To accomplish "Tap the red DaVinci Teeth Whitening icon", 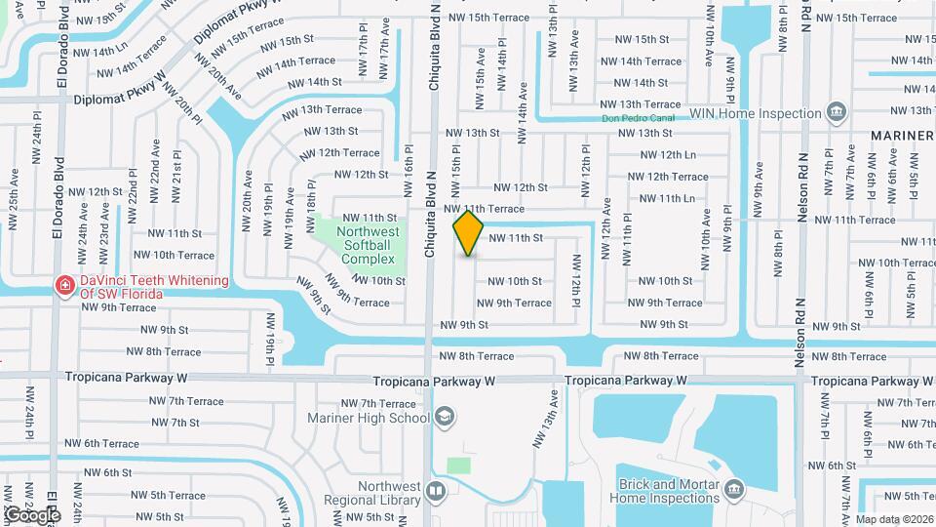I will pos(64,286).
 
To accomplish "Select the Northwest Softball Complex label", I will pos(368,245).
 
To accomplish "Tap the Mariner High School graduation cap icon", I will pos(445,419).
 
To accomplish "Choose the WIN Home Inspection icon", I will pos(836,113).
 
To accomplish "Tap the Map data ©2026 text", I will pos(894,519).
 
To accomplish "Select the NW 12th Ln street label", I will pos(664,155).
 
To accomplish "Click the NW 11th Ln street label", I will pos(664,198).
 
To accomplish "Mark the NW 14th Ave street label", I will pos(524,101).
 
